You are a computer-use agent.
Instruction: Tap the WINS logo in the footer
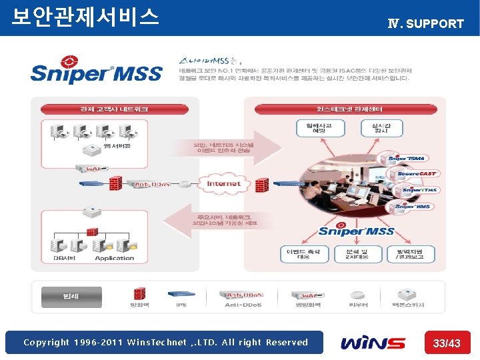(373, 343)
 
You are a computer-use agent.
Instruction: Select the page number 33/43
(447, 343)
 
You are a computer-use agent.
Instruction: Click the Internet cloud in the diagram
(224, 183)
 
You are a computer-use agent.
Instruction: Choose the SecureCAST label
(416, 173)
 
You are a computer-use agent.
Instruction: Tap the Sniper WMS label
(413, 207)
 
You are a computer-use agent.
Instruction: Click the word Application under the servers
(115, 259)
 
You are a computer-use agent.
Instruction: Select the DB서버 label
(67, 259)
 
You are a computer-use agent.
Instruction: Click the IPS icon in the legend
(181, 293)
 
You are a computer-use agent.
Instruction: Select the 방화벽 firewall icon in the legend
(139, 293)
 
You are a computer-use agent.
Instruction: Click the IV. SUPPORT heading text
(425, 23)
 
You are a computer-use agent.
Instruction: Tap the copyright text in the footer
(165, 343)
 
